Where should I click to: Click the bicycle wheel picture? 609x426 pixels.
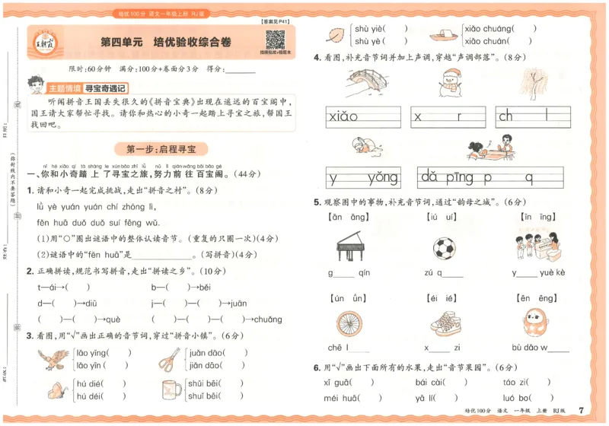[348, 321]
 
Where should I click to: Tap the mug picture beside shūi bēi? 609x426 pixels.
[171, 390]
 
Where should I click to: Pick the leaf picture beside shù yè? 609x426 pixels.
[336, 34]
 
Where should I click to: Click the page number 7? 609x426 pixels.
[581, 411]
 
